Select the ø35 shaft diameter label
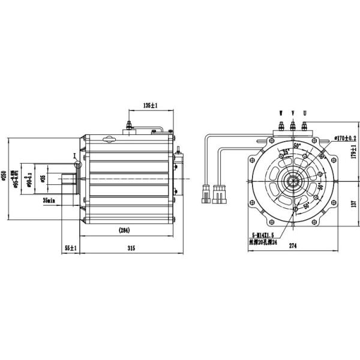coord(42,178)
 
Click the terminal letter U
coord(305,113)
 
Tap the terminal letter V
coord(293,113)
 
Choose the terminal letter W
coord(280,113)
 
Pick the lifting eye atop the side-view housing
coord(109,142)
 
